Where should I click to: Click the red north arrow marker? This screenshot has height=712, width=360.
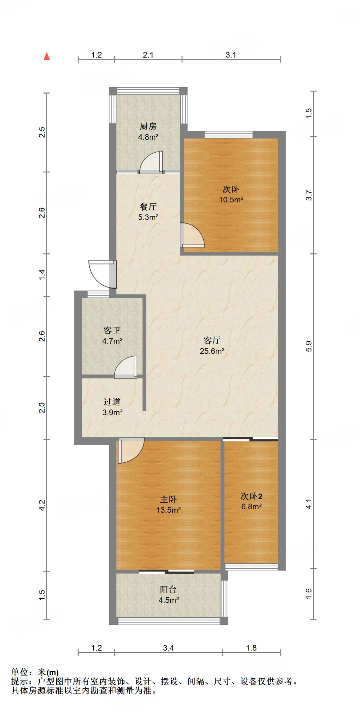coord(47,56)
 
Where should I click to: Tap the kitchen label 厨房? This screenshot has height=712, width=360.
coord(148,126)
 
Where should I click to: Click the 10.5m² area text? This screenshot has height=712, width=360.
coord(231,200)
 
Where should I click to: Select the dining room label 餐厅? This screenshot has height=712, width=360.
coord(148,207)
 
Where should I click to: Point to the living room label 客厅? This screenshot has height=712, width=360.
coord(212,340)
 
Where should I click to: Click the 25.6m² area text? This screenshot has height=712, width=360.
coord(212,351)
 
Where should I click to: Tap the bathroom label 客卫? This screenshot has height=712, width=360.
coord(112,330)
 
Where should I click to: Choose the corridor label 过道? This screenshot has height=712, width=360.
coord(112,402)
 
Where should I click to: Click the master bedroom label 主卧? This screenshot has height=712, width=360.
coord(169,500)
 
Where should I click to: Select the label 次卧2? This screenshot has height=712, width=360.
coord(252,496)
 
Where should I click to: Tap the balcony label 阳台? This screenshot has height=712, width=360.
coord(169,590)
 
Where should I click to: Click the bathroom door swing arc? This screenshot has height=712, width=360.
coord(125,366)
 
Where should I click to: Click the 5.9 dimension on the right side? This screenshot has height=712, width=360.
coord(309,346)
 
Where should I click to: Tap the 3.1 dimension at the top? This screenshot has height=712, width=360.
coord(231,55)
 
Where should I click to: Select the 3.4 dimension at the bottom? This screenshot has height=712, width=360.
coord(169,648)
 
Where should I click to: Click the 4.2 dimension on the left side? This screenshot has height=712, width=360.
coord(42,505)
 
